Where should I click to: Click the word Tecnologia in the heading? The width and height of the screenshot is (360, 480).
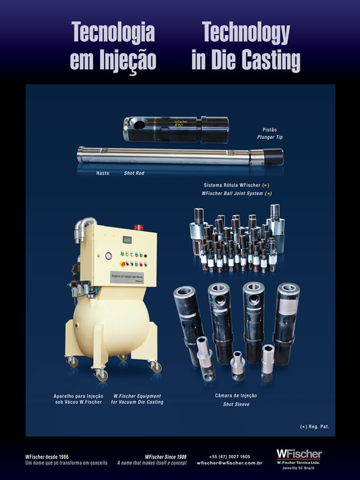[x=113, y=32]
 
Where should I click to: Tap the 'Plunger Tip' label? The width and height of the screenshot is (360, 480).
[x=270, y=137]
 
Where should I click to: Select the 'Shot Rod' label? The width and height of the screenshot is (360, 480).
[x=134, y=173]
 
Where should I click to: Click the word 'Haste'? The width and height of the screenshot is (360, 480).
[x=102, y=173]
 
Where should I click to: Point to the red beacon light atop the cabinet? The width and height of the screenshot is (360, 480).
[x=139, y=227]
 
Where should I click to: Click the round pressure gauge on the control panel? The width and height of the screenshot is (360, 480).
[x=108, y=255]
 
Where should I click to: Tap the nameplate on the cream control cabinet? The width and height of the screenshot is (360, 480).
[x=127, y=277]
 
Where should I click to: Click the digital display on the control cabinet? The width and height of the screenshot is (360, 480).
[x=127, y=239]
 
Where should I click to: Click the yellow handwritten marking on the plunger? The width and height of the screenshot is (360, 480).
[x=180, y=123]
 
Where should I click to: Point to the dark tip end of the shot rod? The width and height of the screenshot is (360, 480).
[x=273, y=157]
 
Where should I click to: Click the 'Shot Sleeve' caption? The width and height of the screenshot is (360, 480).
[x=236, y=404]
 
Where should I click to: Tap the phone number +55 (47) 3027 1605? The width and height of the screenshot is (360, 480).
[x=230, y=456]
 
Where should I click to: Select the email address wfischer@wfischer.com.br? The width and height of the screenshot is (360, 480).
[x=230, y=463]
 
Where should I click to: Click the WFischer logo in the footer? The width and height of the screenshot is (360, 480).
[x=299, y=454]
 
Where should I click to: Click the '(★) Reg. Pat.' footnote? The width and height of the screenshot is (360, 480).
[x=315, y=426]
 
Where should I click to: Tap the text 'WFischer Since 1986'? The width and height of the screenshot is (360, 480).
[x=166, y=457]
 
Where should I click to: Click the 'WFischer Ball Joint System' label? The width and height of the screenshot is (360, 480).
[x=236, y=193]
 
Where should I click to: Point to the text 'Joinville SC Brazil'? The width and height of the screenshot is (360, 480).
[x=298, y=468]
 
